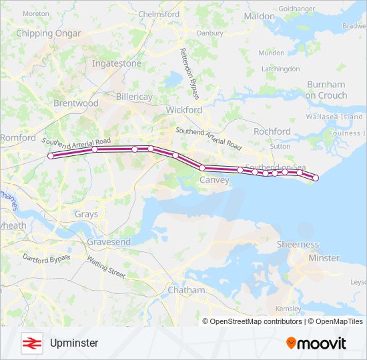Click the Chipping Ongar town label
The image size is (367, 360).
pos(48,33)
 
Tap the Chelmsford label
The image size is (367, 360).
pos(159,13)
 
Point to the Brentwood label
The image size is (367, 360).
pos(75,103)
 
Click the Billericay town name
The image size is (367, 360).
pos(134,97)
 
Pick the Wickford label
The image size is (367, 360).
pos(184,109)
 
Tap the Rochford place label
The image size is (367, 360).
pos(272,131)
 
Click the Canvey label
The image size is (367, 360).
pos(214,180)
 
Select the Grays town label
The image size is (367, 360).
pos(86,215)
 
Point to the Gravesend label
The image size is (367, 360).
pos(109,241)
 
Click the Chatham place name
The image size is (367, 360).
pos(186,290)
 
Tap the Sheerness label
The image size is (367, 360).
pos(298,245)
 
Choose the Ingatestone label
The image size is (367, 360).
pos(117,63)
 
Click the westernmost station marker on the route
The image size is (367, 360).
pos(51,156)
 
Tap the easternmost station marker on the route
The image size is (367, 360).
pos(316,178)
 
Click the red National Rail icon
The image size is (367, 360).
pos(31,343)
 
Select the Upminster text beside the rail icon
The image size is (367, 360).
pos(73,343)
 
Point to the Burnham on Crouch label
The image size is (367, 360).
pos(326,90)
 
